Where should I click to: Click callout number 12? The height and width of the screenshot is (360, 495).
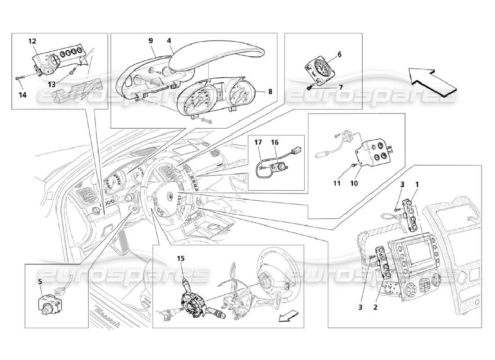32,41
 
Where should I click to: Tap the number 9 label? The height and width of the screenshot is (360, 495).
152,40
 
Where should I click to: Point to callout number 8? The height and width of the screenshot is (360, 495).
270,91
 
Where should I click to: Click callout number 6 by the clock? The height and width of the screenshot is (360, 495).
339,54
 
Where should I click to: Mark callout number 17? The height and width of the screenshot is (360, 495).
258,143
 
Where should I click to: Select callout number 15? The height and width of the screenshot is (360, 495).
180,258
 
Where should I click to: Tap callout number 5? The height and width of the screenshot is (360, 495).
40,282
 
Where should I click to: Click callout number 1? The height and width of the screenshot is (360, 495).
417,184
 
